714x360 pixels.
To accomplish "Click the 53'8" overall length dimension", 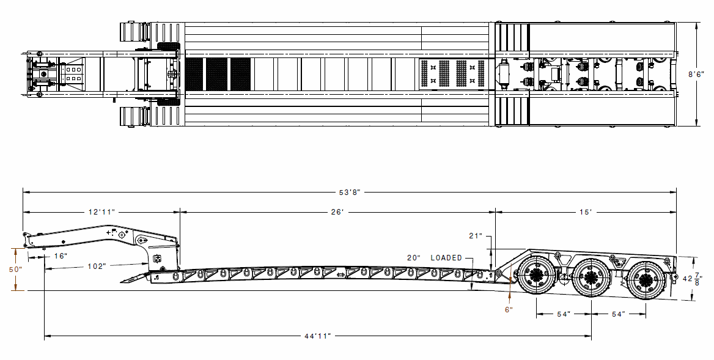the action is click(350, 192).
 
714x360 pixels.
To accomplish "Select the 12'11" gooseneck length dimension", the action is click(101, 212).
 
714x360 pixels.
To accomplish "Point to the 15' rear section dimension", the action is click(586, 212).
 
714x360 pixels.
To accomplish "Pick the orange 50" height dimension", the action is click(15, 269).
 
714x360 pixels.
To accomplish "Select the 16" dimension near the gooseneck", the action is click(60, 255).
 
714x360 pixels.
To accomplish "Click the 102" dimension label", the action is click(97, 266).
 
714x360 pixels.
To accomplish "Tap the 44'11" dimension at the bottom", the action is click(317, 336).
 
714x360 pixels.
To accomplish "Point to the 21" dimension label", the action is click(476, 236).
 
